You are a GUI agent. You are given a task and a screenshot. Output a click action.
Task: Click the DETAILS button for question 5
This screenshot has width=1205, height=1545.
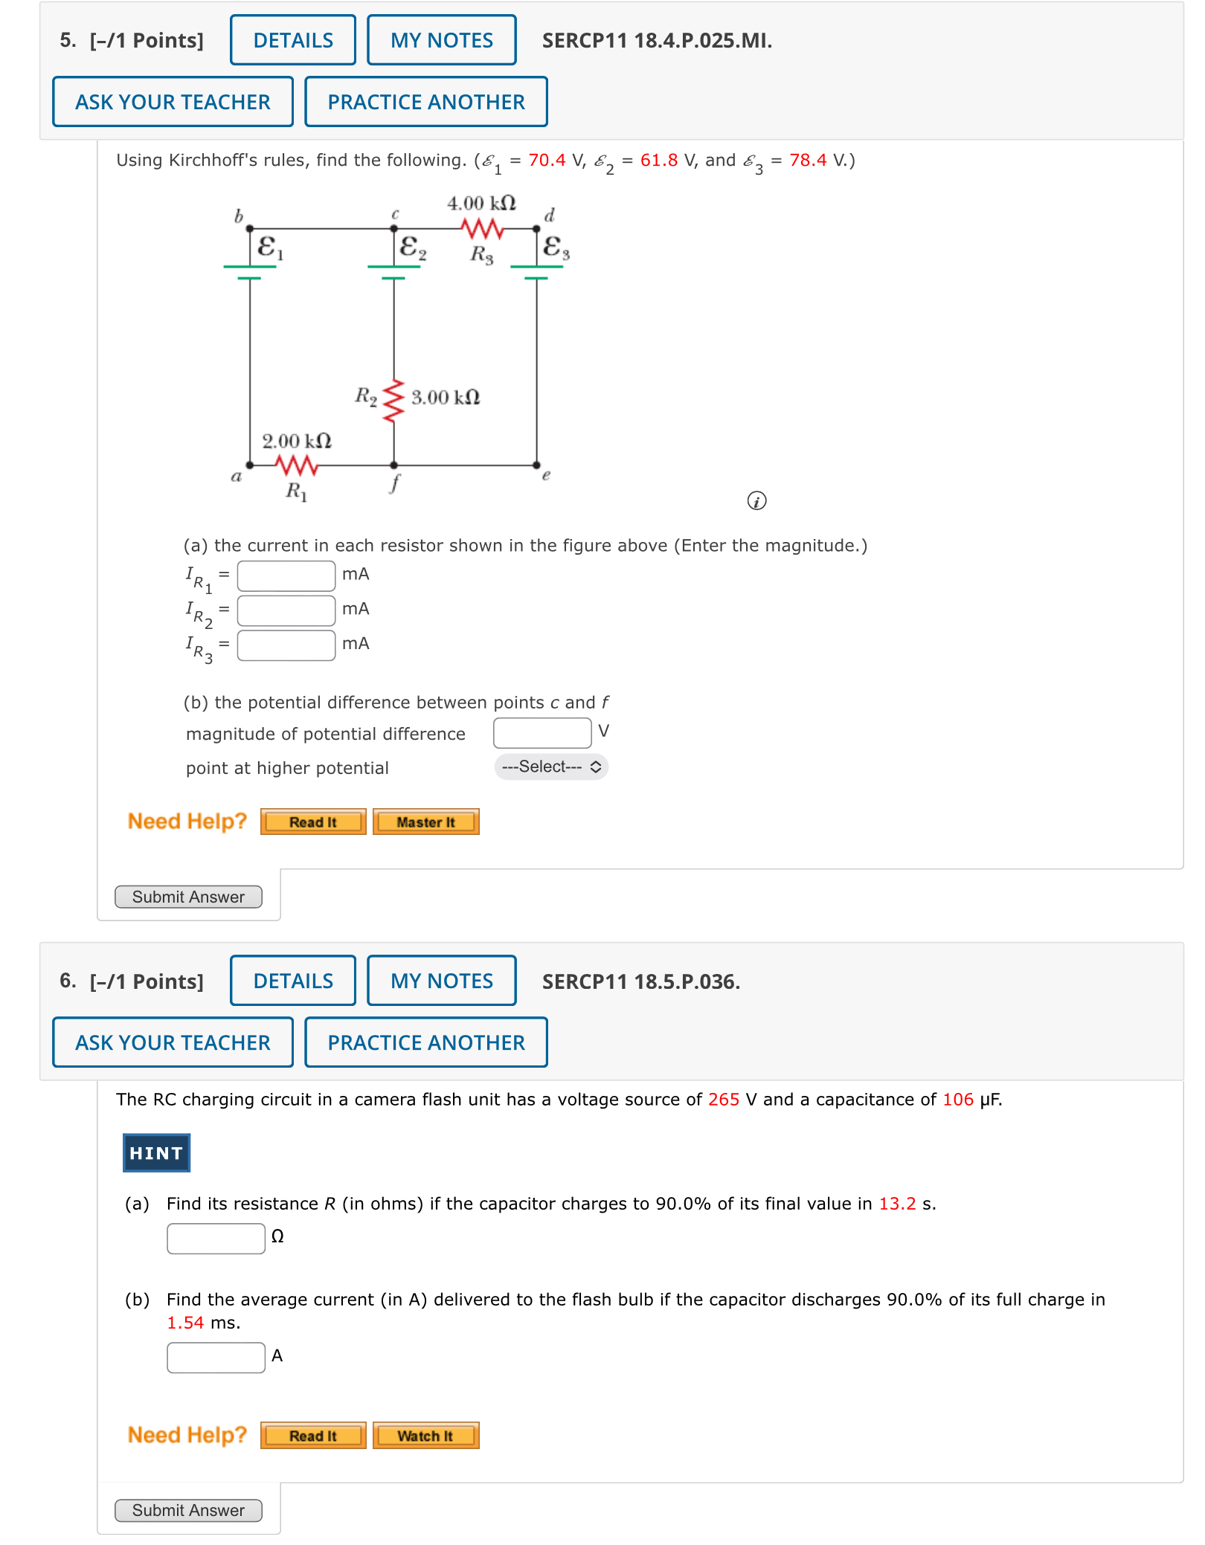coord(292,40)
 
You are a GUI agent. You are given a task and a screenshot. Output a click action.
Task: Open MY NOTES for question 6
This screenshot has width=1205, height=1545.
coord(441,981)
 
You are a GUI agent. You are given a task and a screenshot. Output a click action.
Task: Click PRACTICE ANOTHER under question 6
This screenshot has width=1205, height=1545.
coord(425,1042)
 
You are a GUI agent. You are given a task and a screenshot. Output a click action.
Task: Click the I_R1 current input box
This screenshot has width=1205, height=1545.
coord(286,575)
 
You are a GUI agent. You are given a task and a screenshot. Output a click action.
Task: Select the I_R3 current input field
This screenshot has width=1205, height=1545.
coord(286,645)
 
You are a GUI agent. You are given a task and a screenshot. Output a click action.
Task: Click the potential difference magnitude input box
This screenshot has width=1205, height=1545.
coord(542,732)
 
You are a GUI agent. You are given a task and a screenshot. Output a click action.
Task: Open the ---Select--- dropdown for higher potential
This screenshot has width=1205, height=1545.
coord(550,767)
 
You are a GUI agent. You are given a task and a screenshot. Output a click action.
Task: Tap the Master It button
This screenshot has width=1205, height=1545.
coord(425,822)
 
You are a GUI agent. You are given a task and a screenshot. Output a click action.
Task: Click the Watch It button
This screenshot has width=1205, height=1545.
coord(425,1436)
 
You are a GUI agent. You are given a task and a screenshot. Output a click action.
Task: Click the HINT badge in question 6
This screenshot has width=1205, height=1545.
coord(156,1152)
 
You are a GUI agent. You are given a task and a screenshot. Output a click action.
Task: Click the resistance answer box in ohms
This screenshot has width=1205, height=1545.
coord(216,1238)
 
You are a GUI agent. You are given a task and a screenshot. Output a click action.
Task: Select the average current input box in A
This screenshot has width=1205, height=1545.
coord(216,1357)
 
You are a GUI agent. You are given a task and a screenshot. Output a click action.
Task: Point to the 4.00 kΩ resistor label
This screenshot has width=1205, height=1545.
coord(481,203)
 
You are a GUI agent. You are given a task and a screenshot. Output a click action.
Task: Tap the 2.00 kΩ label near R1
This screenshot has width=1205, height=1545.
coord(296,441)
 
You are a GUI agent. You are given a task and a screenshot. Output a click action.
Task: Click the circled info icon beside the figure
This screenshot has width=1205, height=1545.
coord(756,501)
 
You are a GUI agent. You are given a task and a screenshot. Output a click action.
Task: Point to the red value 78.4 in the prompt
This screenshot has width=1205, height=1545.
coord(807,160)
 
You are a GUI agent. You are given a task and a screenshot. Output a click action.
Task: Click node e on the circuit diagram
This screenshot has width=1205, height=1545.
coord(537,466)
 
